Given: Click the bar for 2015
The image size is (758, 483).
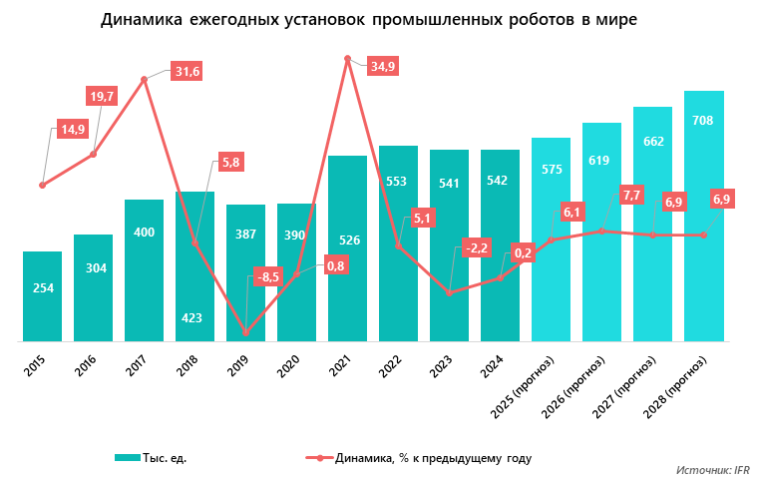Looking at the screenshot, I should [x=42, y=296].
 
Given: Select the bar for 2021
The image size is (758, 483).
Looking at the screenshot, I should [x=347, y=248].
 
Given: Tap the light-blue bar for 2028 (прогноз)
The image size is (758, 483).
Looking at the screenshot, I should [x=703, y=216].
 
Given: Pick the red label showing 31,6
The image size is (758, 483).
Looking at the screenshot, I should [x=188, y=71].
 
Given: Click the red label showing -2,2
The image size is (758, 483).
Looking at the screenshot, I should [x=475, y=247].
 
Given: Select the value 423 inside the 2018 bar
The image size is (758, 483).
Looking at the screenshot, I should [x=193, y=318].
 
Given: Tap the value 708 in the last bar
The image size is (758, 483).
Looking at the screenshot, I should [x=703, y=120].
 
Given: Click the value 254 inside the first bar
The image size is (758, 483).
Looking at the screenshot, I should [x=42, y=288].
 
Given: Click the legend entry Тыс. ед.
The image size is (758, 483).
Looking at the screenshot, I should [x=151, y=458].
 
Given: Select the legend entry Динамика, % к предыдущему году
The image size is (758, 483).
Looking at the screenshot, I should [x=419, y=458].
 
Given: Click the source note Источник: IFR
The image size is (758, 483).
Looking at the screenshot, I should [x=712, y=469].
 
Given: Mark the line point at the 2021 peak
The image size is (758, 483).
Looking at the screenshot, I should [x=347, y=59].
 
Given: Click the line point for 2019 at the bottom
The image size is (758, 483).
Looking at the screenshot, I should [x=245, y=333].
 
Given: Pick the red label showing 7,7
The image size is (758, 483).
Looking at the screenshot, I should [x=631, y=195].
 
